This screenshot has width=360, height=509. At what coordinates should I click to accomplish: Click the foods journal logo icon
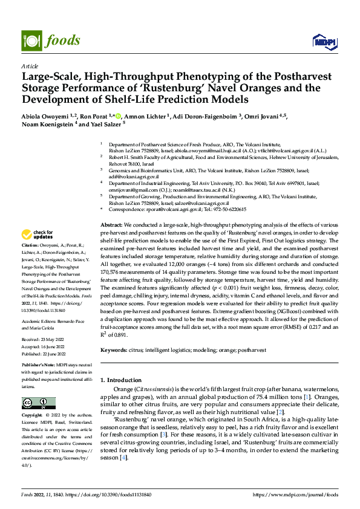tap(31, 40)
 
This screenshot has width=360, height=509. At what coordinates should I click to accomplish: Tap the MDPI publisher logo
tap(324, 41)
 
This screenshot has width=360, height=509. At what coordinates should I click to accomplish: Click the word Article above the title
tap(30, 66)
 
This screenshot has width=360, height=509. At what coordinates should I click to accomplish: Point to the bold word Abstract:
tap(111, 225)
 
